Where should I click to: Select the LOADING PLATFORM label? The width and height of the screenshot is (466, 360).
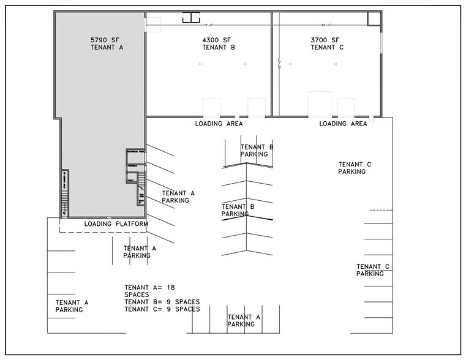[x=116, y=225]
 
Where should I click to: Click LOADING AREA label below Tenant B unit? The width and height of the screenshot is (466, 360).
[x=219, y=124]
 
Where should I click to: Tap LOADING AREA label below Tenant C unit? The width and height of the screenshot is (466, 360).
[x=343, y=124]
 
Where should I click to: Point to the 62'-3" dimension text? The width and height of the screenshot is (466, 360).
[x=327, y=26]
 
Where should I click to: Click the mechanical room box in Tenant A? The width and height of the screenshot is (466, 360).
[x=135, y=155]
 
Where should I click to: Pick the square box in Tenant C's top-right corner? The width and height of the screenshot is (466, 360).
[x=373, y=18]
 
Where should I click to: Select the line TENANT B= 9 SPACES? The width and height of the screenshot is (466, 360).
[x=162, y=302]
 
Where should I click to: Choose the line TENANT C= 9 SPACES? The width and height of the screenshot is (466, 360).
[x=162, y=309]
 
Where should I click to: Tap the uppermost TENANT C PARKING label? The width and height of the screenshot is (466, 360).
[x=355, y=168]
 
